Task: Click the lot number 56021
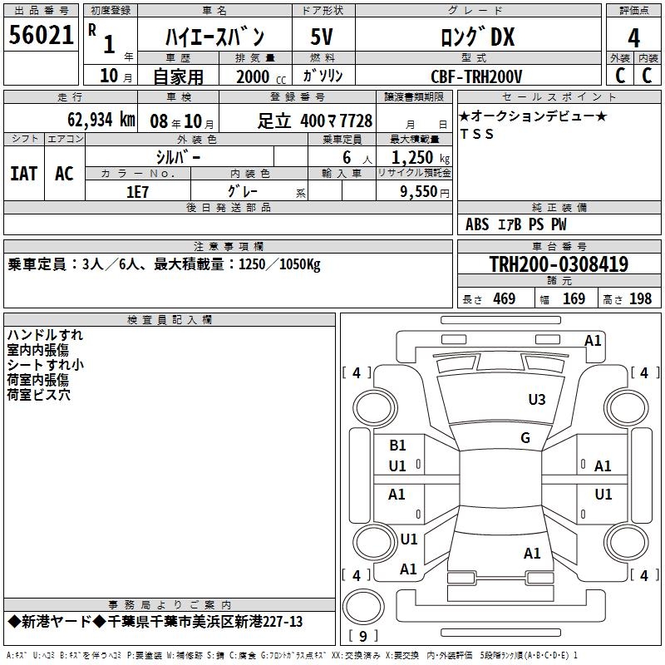tap(41, 35)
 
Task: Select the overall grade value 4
tap(633, 38)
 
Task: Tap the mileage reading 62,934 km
tap(101, 120)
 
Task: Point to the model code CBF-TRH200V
tap(476, 76)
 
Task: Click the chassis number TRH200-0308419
tap(559, 264)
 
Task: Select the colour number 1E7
tap(137, 192)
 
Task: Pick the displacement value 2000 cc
tap(261, 76)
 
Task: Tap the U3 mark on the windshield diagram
tap(536, 400)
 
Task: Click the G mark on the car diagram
tap(525, 438)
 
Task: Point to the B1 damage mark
tap(397, 446)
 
